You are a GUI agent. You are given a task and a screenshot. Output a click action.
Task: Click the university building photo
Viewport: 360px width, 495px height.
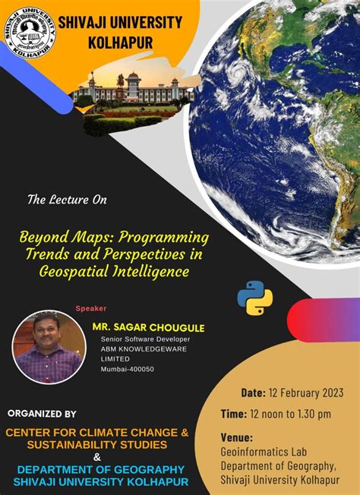coord(134,95)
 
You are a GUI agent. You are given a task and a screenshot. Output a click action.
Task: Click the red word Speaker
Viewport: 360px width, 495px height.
coord(90,308)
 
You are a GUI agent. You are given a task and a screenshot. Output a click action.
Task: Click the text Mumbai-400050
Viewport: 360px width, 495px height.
coord(127,369)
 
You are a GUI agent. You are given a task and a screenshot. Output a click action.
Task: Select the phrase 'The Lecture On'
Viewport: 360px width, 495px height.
coord(67,200)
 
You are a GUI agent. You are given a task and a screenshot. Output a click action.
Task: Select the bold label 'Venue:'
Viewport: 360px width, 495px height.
coord(236,437)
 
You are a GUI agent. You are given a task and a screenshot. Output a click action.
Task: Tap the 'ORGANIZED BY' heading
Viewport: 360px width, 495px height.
coord(42,414)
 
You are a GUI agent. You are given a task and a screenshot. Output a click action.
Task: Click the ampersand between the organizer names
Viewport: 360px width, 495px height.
coord(96,456)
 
